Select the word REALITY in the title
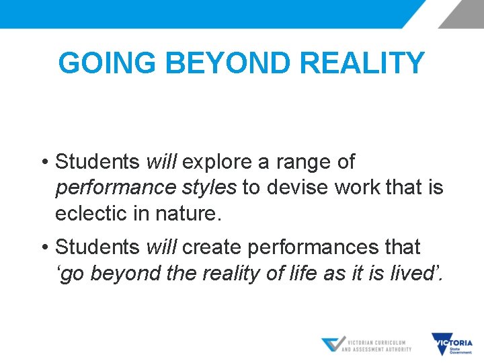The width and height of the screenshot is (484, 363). tap(363, 64)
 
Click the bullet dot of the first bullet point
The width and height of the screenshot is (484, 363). tap(42, 163)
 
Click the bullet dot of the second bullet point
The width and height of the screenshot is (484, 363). tap(42, 248)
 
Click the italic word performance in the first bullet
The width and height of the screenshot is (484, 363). tap(108, 188)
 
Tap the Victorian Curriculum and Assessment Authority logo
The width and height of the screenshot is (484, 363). tap(367, 345)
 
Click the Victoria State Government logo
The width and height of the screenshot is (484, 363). tap(452, 345)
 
